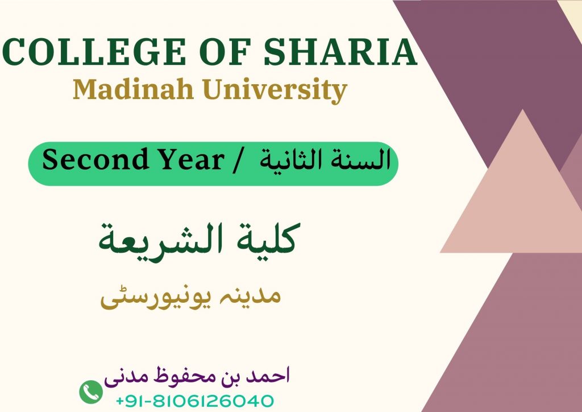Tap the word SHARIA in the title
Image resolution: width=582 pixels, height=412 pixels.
coord(340,52)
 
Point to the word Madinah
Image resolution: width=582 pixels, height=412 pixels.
coord(133,89)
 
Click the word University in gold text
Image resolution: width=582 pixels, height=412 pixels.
coord(275,90)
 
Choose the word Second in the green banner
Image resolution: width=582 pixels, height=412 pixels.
coord(95,159)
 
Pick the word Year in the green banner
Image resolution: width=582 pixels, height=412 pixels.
coord(191,159)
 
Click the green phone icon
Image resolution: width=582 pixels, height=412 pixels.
coord(91,392)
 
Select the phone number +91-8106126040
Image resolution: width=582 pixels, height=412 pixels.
coord(195,401)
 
